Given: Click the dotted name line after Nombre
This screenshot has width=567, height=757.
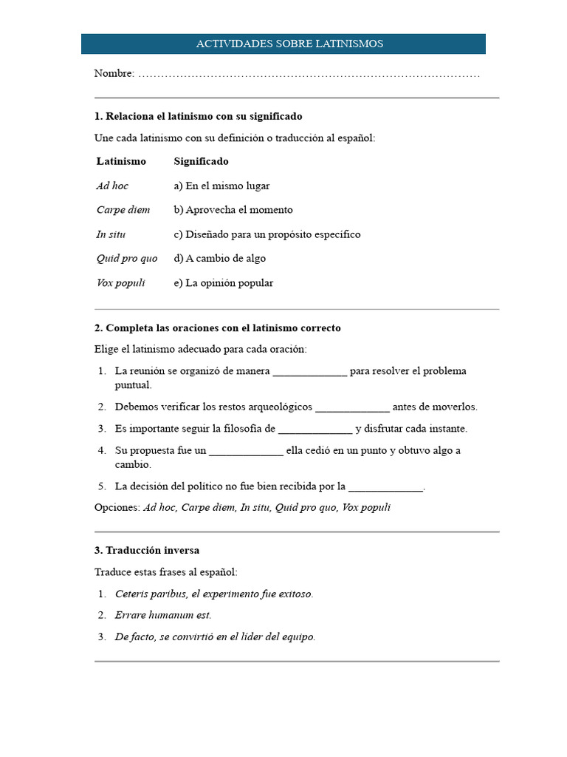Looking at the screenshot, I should [309, 75].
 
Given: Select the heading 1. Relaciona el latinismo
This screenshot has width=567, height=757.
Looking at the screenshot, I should [198, 117].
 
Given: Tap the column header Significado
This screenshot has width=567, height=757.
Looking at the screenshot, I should [201, 161].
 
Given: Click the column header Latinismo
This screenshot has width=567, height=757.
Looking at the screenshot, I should [121, 161].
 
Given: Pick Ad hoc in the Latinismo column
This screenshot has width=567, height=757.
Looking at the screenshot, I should [112, 186].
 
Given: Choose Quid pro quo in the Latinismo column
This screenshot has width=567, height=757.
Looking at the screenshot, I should [126, 259].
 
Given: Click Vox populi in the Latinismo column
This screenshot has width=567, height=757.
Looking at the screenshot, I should [120, 283].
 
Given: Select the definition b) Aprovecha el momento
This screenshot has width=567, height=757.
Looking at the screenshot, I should [233, 210].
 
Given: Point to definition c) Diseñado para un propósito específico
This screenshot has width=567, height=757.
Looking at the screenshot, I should [267, 234].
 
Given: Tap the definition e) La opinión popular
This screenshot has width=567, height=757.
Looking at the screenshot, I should [224, 283].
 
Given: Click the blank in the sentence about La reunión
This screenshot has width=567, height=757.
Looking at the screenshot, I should [309, 372].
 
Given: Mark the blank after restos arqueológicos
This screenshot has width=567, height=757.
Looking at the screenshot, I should [352, 407].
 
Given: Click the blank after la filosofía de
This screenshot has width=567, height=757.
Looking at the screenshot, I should [315, 429].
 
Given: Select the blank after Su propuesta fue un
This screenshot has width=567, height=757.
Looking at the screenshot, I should [246, 451].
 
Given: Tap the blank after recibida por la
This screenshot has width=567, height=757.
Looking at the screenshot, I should [385, 487].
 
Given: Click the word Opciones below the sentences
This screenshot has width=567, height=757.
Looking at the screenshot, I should [117, 508].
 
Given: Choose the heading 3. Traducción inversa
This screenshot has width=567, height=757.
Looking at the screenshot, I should [147, 551].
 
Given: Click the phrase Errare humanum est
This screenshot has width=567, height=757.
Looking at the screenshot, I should [163, 615].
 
